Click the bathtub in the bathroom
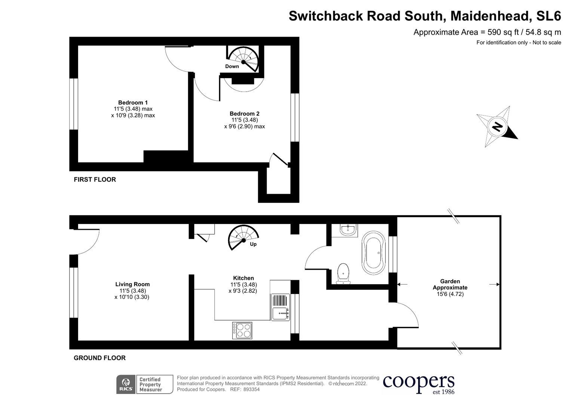point(374,253)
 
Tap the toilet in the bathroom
point(343,274)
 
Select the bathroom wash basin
point(349,230)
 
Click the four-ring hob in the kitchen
point(242,331)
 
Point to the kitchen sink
point(280,307)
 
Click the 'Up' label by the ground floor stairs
point(253,244)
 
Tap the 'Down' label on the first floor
point(232,66)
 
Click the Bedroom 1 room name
point(133,102)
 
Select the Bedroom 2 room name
point(245,113)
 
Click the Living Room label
point(132,284)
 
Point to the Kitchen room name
point(243,278)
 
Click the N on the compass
point(497,127)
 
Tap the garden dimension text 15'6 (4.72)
point(450,294)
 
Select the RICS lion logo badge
point(126,385)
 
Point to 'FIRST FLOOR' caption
point(95,180)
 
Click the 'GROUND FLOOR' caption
point(100,358)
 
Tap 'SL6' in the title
point(549,16)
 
